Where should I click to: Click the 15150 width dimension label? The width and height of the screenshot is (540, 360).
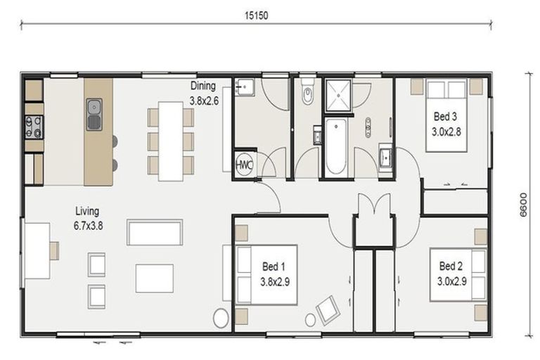tap(256, 15)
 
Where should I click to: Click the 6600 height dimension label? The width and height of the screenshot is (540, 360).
tap(523, 205)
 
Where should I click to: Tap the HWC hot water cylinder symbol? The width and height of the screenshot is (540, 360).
tap(245, 165)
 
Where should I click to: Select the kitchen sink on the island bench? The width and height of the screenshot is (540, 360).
tap(94, 115)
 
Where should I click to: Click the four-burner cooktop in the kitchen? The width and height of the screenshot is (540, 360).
tap(34, 127)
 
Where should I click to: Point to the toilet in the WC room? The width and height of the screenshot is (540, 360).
tap(307, 91)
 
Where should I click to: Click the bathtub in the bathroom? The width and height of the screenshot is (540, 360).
tap(335, 147)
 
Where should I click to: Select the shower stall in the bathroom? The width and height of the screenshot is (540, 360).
tap(338, 96)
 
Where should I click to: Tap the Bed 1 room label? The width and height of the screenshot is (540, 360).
tap(274, 274)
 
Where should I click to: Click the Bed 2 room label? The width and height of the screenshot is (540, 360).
tap(451, 274)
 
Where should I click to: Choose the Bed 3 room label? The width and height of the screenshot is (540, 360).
tap(446, 124)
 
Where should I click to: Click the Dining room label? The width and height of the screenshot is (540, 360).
tap(203, 93)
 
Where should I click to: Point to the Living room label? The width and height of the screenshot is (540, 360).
tap(88, 218)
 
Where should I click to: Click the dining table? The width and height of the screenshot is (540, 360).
tap(170, 141)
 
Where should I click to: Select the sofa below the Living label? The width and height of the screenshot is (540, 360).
tap(155, 233)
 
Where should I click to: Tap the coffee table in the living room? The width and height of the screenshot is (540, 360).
tap(155, 278)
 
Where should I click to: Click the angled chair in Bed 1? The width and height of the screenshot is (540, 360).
tap(328, 309)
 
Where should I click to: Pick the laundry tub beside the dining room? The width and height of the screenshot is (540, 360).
tap(245, 86)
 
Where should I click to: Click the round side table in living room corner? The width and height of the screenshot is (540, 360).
tap(221, 318)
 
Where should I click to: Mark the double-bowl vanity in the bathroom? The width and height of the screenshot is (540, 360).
tap(368, 127)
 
